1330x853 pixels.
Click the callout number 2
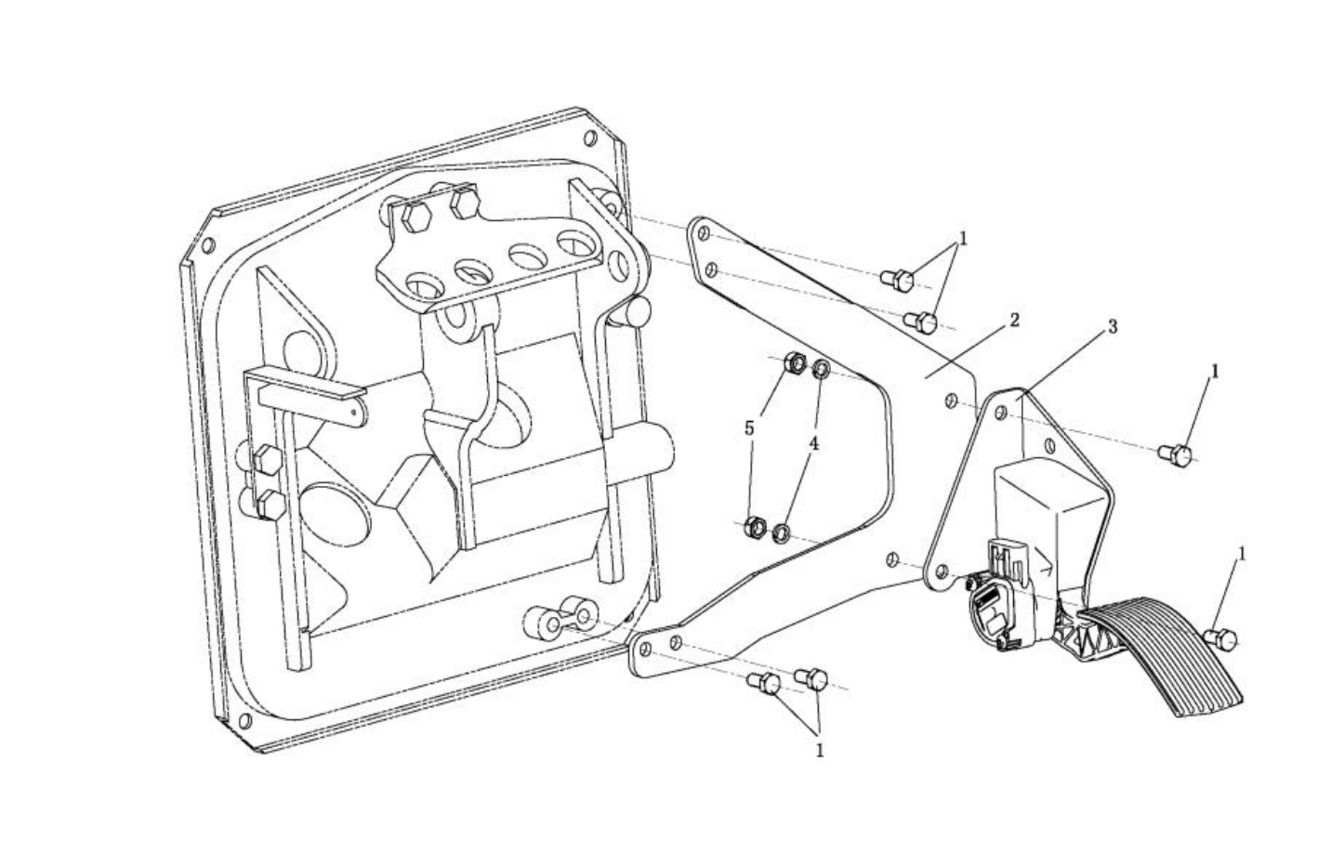click(x=1014, y=321)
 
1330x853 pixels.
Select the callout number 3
click(x=1113, y=326)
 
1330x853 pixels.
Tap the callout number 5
click(x=749, y=428)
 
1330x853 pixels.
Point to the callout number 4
click(x=814, y=443)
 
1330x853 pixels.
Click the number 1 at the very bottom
click(x=820, y=751)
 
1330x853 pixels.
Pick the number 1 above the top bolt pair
click(x=963, y=239)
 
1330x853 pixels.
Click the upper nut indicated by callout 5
click(x=795, y=362)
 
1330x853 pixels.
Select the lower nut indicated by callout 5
click(x=755, y=527)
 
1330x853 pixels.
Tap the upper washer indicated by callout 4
click(x=821, y=369)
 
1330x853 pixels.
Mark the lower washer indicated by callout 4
click(x=782, y=533)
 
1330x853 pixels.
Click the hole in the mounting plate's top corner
click(x=589, y=138)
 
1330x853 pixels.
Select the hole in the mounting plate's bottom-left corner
click(x=244, y=721)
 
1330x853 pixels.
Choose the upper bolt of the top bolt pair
click(x=897, y=281)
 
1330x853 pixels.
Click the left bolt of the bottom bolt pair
click(x=764, y=683)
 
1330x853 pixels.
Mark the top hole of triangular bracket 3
click(x=1000, y=412)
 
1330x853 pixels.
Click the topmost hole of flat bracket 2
click(x=704, y=233)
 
